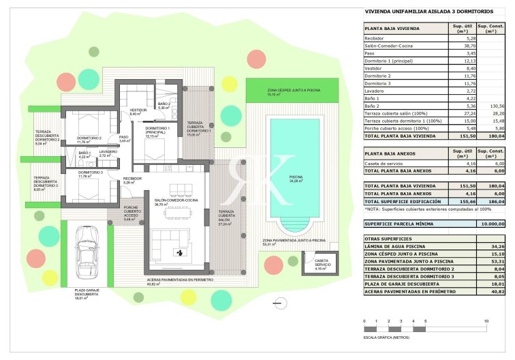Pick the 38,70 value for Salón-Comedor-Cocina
click(458, 45)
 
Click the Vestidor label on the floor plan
click(138, 110)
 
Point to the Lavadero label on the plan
click(108, 152)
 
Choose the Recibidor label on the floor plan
click(132, 179)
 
